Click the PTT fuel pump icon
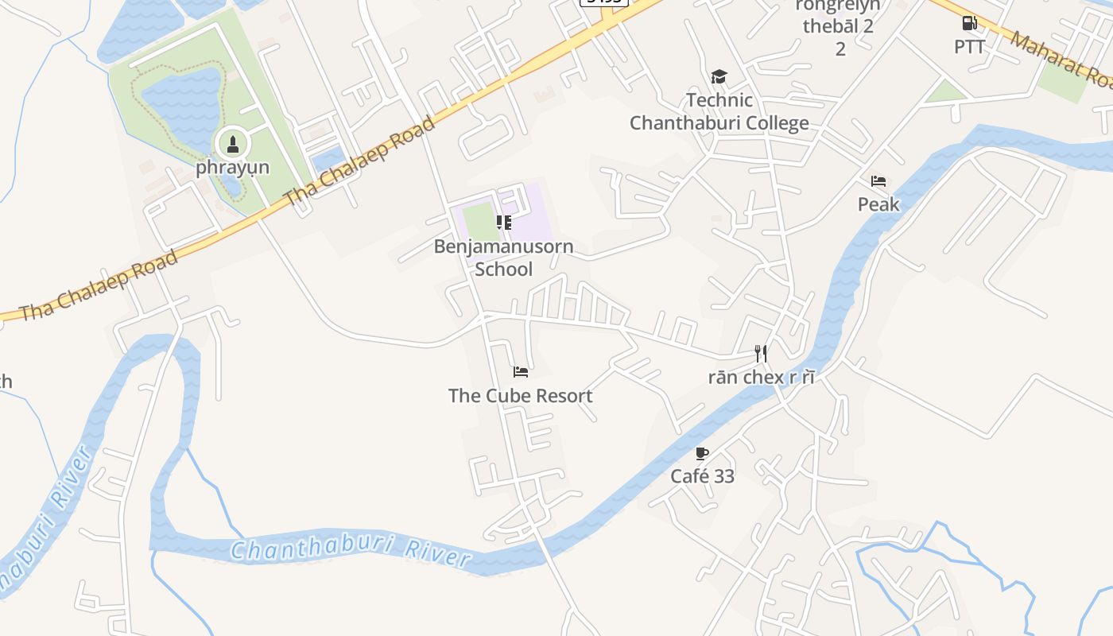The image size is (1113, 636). pyautogui.click(x=969, y=24)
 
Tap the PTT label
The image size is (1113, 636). pyautogui.click(x=969, y=47)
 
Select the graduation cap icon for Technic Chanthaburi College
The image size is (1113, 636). pyautogui.click(x=719, y=77)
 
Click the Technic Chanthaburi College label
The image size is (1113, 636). pyautogui.click(x=719, y=112)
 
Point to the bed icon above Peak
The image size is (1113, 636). pyautogui.click(x=878, y=181)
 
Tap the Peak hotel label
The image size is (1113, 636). pyautogui.click(x=878, y=204)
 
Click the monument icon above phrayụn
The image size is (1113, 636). pyautogui.click(x=233, y=145)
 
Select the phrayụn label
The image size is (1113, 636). pyautogui.click(x=233, y=168)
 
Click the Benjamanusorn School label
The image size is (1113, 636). pyautogui.click(x=503, y=258)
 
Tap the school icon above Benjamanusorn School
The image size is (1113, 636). pyautogui.click(x=503, y=223)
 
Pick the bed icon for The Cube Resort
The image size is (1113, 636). pyautogui.click(x=521, y=371)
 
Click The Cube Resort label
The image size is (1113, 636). pyautogui.click(x=521, y=395)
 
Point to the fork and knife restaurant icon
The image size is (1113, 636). pyautogui.click(x=761, y=353)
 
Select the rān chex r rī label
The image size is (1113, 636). pyautogui.click(x=761, y=377)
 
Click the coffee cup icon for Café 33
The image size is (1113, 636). pyautogui.click(x=702, y=453)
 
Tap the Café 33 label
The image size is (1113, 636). pyautogui.click(x=702, y=476)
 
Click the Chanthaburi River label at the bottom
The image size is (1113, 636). pyautogui.click(x=351, y=551)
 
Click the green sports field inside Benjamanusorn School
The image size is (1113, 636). pyautogui.click(x=480, y=220)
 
